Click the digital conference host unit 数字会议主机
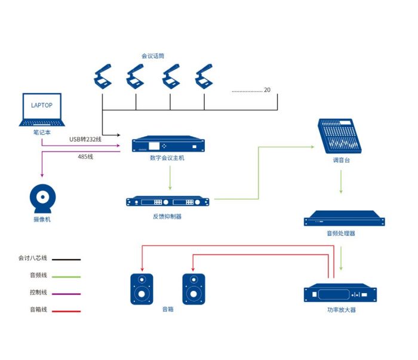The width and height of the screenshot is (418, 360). pos(168,145)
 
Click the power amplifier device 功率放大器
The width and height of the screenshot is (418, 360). pos(340,294)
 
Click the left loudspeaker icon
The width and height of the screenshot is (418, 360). pos(142,289)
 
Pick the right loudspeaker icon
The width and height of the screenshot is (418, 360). pos(193,289)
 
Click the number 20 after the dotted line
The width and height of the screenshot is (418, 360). pos(267,90)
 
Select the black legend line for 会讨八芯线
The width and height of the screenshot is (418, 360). pos(66,260)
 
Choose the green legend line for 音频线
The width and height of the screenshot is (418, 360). pos(66,276)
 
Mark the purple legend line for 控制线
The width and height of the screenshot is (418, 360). pos(66,294)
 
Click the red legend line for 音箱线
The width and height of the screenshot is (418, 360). pos(66,310)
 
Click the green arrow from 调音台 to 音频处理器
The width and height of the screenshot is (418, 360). pos(341,182)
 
